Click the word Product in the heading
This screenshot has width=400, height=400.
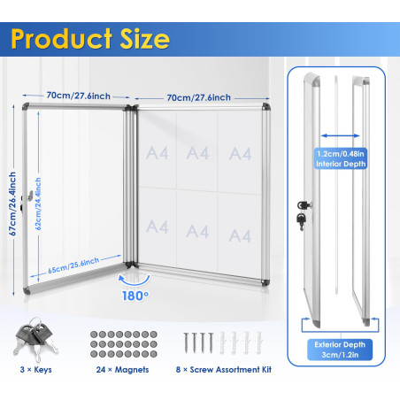click(61, 39)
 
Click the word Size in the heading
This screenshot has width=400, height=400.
click(145, 39)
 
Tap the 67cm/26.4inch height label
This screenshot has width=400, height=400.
click(12, 204)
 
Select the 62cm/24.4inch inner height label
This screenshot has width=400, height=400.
click(38, 204)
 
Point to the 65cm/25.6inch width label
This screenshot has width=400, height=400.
click(73, 265)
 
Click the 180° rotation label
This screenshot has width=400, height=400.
click(135, 296)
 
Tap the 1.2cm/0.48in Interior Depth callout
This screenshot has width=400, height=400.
click(341, 158)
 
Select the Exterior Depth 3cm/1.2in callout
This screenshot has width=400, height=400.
click(340, 350)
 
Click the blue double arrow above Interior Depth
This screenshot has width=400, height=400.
click(341, 135)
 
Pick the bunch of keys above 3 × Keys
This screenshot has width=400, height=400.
click(35, 339)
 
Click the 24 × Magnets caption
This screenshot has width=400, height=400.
click(122, 370)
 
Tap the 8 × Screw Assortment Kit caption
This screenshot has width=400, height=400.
click(224, 370)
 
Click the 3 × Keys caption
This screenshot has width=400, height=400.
click(35, 370)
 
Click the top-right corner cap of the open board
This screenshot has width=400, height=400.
click(265, 106)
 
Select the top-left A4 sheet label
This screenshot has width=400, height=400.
click(158, 153)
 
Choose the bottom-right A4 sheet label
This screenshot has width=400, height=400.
click(240, 235)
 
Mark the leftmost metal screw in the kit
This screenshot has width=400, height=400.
click(186, 342)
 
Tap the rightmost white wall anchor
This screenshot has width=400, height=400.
click(258, 342)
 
